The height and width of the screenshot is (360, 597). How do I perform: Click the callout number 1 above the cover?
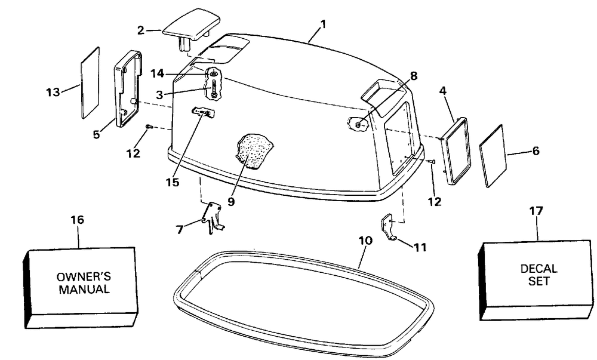pos(323,24)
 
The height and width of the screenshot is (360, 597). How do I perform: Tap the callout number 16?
pos(78,220)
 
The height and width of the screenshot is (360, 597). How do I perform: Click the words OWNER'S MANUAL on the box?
pos(83,283)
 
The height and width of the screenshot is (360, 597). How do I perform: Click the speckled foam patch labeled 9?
pos(255,152)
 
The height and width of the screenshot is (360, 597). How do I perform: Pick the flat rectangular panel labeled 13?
pos(90,82)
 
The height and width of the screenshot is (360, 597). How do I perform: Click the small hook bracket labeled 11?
pos(389,229)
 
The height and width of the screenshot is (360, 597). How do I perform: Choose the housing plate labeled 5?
pos(128,88)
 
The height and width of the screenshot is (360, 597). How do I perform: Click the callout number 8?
pos(414,76)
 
